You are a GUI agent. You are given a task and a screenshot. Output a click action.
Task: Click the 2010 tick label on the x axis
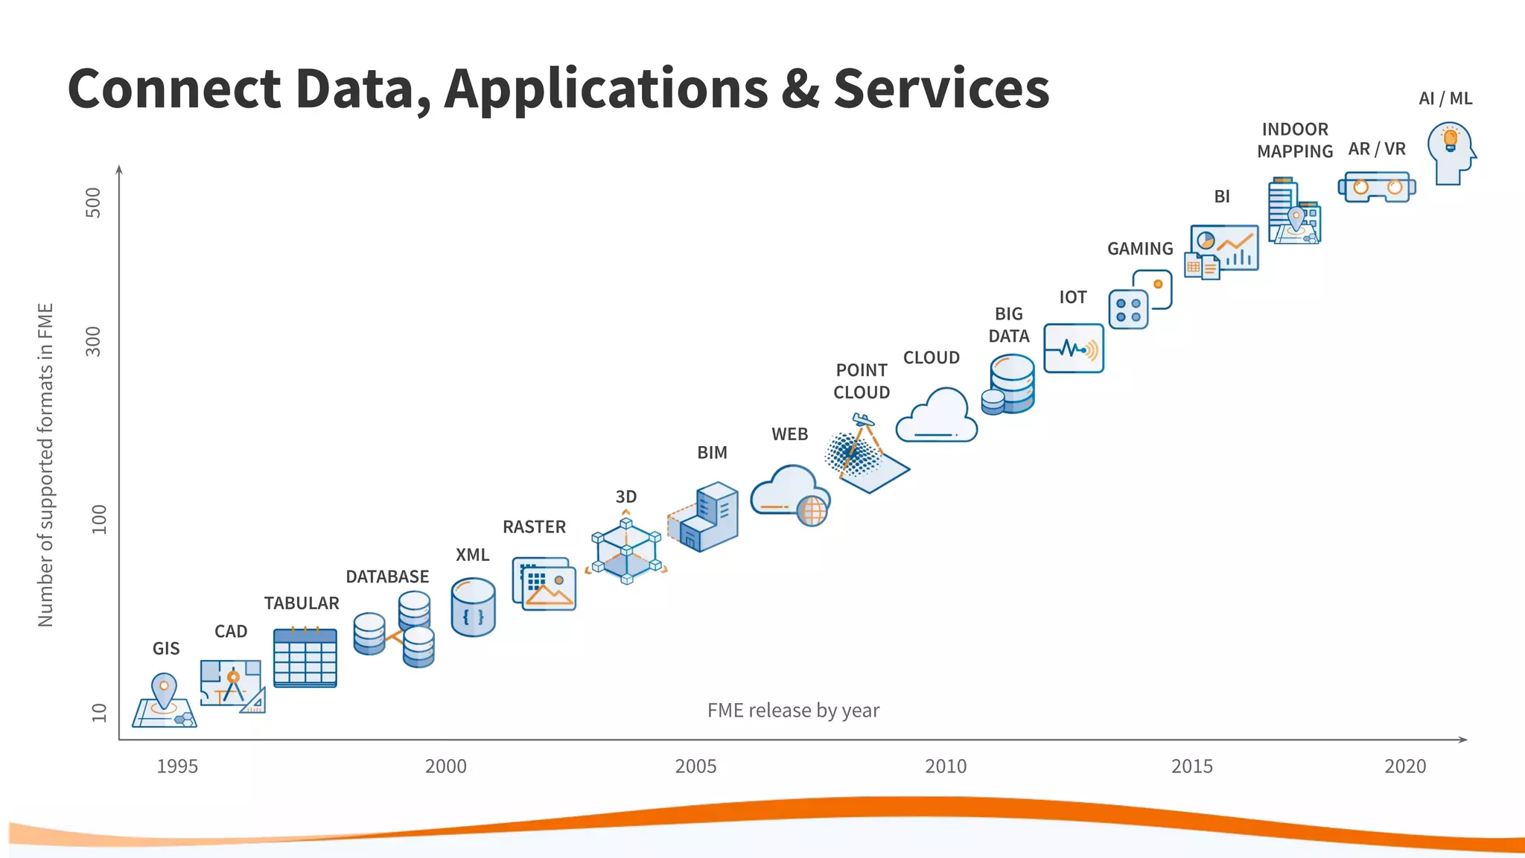pyautogui.click(x=946, y=766)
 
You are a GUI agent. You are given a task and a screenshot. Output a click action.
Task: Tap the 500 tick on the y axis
pyautogui.click(x=94, y=202)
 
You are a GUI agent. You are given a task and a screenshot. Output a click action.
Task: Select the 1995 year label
pyautogui.click(x=177, y=766)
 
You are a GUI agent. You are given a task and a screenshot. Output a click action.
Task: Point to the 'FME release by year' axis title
pyautogui.click(x=793, y=710)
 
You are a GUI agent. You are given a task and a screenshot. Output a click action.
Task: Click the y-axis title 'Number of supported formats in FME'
pyautogui.click(x=45, y=465)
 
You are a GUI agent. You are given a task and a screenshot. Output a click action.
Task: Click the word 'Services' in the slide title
pyautogui.click(x=941, y=89)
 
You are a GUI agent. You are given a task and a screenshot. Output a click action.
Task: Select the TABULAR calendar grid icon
pyautogui.click(x=305, y=658)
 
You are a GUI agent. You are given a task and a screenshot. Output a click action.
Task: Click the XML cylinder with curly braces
pyautogui.click(x=473, y=608)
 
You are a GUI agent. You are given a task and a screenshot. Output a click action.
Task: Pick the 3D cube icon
pyautogui.click(x=626, y=551)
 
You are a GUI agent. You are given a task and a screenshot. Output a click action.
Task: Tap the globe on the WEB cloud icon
pyautogui.click(x=812, y=511)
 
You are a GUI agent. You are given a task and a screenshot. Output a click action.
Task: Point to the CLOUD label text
pyautogui.click(x=931, y=357)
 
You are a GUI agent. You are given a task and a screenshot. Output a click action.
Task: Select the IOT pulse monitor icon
pyautogui.click(x=1073, y=348)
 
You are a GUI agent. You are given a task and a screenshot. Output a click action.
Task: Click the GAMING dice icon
pyautogui.click(x=1139, y=300)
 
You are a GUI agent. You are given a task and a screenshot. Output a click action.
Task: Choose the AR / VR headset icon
pyautogui.click(x=1377, y=187)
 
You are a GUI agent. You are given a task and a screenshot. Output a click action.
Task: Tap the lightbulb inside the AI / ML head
pyautogui.click(x=1450, y=139)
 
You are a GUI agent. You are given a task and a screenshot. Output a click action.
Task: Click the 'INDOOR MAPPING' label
pyautogui.click(x=1295, y=140)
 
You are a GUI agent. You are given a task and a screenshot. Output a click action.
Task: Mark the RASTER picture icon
pyautogui.click(x=544, y=584)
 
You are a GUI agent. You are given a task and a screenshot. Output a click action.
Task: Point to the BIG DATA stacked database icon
pyautogui.click(x=1009, y=384)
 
